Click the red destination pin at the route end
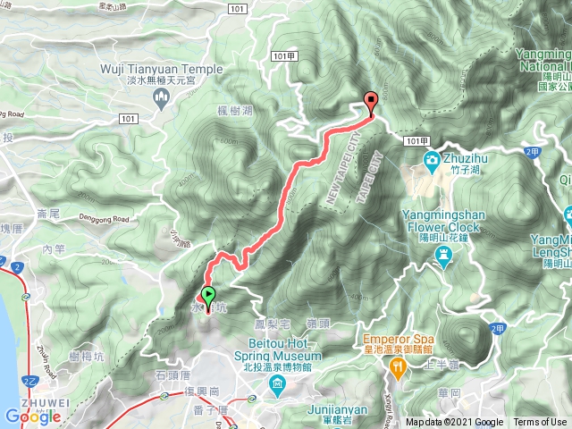coord(371,101)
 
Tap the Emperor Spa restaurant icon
coord(392,366)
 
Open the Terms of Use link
coord(540,423)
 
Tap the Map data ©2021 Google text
coord(454,423)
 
